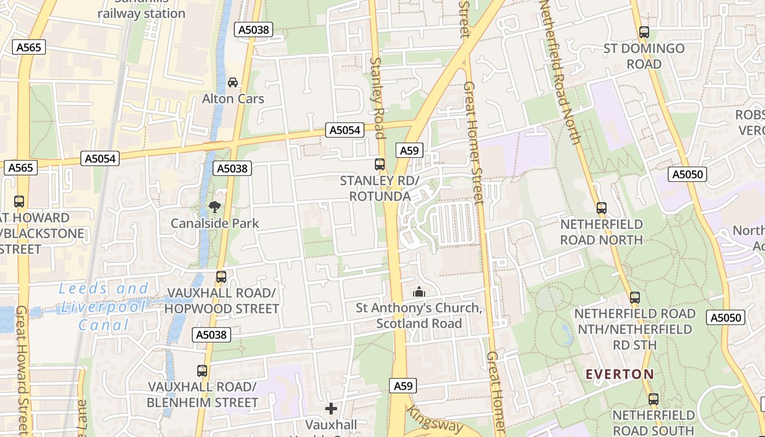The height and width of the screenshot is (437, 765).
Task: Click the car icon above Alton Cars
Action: [233, 82]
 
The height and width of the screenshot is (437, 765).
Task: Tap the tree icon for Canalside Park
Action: [215, 207]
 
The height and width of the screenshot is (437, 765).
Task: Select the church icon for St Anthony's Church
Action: [419, 292]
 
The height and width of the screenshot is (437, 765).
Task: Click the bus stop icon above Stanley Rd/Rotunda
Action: [379, 164]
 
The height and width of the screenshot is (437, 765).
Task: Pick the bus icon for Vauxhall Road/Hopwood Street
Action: [221, 276]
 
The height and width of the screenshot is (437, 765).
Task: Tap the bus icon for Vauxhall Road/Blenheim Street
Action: [202, 370]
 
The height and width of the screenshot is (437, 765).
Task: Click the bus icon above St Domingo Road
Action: [644, 32]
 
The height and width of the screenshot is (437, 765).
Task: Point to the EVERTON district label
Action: [620, 374]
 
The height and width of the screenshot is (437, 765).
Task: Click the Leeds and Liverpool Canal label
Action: [103, 307]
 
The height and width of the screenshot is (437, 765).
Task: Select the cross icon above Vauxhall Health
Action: [331, 409]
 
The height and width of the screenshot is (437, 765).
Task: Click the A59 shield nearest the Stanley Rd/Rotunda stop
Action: [409, 151]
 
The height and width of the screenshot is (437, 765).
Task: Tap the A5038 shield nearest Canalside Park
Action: [233, 168]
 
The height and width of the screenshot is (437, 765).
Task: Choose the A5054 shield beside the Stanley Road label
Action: [345, 130]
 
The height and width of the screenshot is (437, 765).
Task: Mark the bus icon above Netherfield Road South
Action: [653, 399]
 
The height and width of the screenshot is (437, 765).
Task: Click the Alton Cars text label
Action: [233, 99]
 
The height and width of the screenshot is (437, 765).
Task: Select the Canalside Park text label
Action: [215, 223]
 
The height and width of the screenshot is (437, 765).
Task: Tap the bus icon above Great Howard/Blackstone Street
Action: [19, 201]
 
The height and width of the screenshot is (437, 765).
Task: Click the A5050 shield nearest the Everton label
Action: [725, 317]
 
